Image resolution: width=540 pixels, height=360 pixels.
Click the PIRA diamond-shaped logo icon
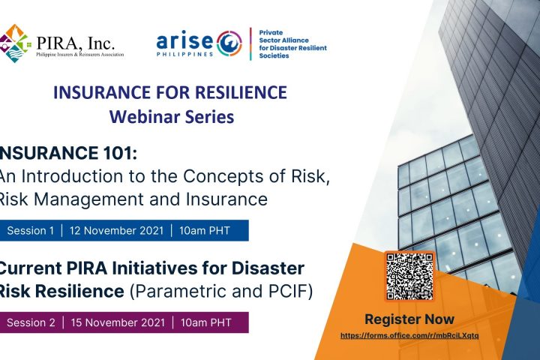click(14, 43)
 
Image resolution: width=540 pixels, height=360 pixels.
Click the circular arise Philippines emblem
click(229, 43)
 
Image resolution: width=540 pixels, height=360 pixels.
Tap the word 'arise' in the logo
click(184, 41)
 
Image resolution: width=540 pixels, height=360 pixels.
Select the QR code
click(409, 276)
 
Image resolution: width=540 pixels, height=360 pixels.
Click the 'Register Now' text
click(409, 319)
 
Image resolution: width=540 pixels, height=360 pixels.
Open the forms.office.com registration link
click(409, 335)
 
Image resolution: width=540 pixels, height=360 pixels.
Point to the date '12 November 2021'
click(116, 230)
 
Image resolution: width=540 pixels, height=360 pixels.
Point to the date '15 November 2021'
click(118, 322)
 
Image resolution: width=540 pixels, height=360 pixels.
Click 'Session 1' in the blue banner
click(31, 230)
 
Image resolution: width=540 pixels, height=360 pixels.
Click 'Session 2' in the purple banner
click(31, 322)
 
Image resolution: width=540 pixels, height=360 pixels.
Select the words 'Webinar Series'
click(172, 117)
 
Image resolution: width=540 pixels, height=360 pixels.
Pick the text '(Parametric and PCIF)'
click(221, 292)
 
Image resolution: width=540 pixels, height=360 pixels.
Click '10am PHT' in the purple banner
click(206, 322)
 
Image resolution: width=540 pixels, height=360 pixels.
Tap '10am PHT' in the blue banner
click(205, 230)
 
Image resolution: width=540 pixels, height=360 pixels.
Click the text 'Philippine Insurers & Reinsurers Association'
click(80, 55)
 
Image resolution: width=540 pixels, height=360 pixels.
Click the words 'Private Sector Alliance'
click(283, 36)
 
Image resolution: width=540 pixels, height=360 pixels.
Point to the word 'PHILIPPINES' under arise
click(185, 54)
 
